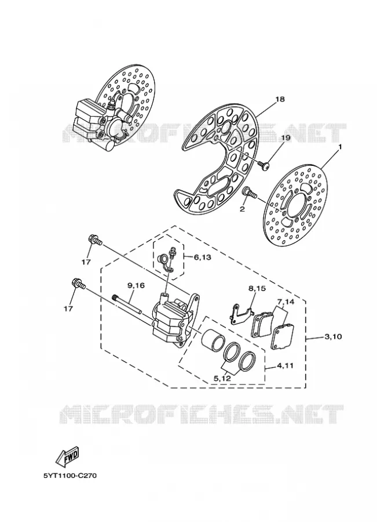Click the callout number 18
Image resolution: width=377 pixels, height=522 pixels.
280,99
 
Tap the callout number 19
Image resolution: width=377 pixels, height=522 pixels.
286,137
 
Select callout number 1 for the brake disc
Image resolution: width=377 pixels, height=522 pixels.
340,146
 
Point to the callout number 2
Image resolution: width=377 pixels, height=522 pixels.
242,209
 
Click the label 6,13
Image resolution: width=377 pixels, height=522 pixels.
203,257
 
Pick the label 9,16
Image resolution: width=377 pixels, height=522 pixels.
136,285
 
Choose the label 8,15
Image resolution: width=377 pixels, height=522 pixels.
257,289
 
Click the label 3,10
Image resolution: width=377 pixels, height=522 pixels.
333,336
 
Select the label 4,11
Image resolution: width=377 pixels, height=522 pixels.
284,365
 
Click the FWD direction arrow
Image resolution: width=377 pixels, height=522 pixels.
68,456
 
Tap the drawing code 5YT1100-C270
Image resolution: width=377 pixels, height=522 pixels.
70,476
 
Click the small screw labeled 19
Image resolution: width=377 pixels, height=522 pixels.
263,165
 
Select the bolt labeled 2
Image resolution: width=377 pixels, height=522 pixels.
250,193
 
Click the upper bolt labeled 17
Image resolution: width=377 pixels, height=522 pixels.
95,240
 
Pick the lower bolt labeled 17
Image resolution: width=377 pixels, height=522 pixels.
78,284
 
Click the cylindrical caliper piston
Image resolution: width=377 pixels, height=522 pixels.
213,339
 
